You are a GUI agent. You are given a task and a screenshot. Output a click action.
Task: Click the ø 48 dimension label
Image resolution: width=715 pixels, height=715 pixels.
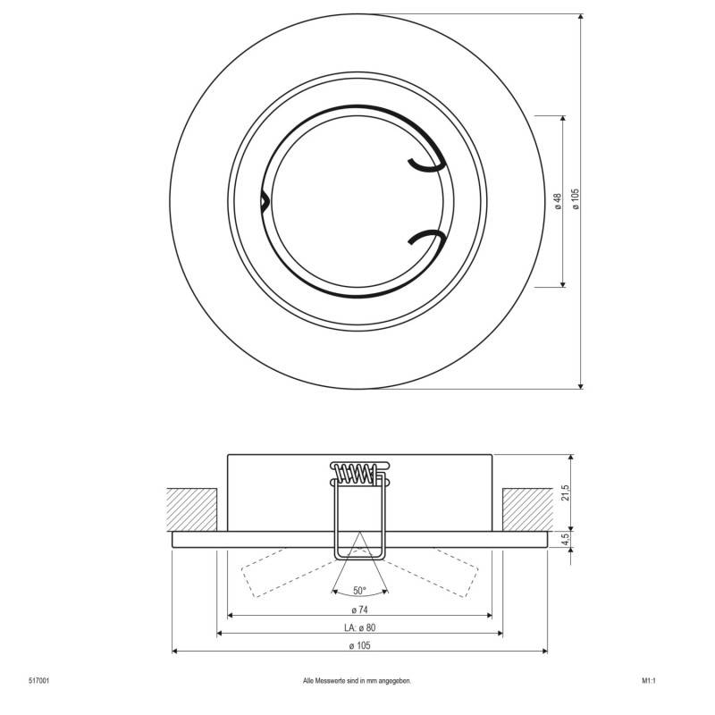557,201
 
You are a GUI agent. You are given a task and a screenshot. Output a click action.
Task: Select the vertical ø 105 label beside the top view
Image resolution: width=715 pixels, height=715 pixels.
575,198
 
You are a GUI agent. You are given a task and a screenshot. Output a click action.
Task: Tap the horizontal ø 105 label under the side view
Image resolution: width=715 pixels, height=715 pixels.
358,645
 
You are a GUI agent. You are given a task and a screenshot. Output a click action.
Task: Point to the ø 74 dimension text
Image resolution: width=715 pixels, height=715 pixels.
358,610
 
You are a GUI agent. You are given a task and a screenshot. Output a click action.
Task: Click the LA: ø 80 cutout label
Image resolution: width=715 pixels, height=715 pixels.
358,627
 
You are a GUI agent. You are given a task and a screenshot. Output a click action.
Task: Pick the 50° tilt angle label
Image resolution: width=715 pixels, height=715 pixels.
359,591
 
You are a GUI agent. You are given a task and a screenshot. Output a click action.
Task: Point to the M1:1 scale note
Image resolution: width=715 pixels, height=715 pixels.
649,681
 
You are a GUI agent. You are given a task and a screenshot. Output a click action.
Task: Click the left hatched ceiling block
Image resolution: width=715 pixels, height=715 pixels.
193,509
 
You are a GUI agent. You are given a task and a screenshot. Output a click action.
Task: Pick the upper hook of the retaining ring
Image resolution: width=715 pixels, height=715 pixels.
426,163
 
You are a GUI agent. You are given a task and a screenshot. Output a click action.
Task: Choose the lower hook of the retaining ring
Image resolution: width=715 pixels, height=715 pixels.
426,237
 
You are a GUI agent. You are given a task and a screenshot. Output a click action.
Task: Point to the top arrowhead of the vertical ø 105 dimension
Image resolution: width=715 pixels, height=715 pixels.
581,19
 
